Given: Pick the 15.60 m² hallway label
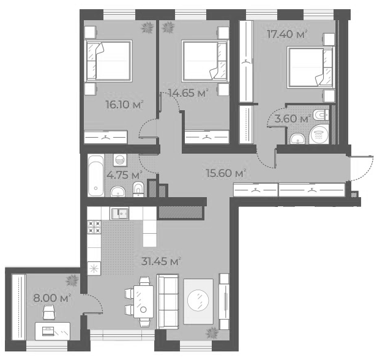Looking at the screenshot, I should [225, 173].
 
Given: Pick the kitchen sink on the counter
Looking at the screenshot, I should [118, 213].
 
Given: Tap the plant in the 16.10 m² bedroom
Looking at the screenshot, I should [147, 27].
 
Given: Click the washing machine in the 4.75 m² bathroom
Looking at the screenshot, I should [119, 159].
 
